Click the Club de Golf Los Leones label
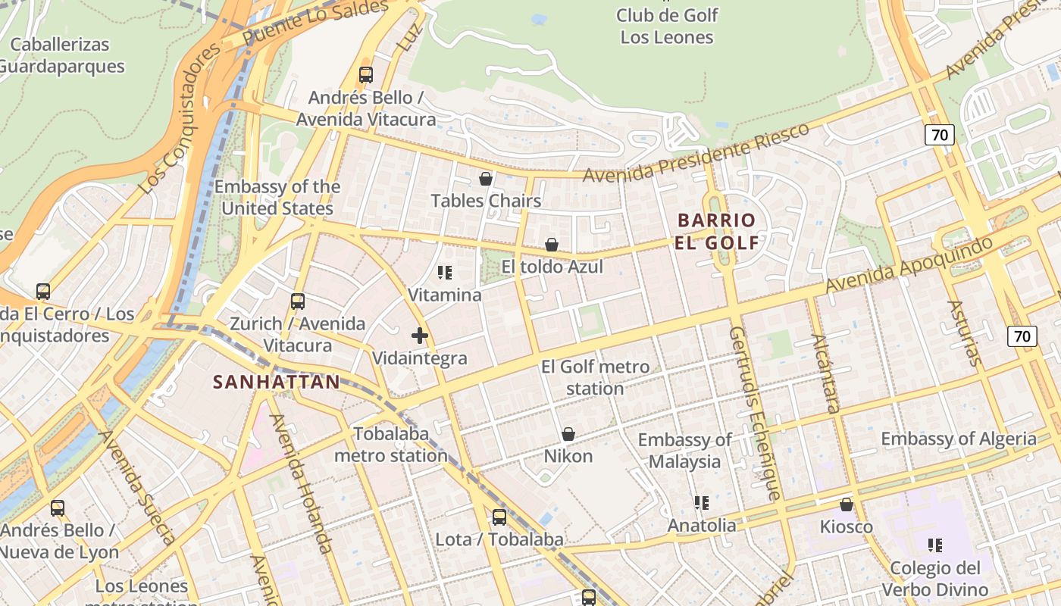pos(667,26)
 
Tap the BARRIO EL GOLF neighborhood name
pos(717,232)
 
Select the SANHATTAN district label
pos(277,382)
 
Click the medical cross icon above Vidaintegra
pos(420,336)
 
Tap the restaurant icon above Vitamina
pos(445,272)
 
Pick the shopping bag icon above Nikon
pos(568,434)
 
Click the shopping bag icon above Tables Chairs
pos(486,179)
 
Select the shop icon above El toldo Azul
pos(552,245)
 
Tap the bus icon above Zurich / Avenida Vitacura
pos(298,301)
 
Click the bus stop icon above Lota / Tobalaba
pos(499,517)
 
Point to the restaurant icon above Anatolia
pos(701,503)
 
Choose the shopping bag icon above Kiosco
pos(847,504)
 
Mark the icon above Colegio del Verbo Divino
pos(935,545)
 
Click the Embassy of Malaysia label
pos(685,451)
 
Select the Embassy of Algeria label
pos(958,439)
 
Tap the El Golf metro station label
pos(595,378)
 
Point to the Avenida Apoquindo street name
pos(909,265)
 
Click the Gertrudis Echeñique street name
pos(754,413)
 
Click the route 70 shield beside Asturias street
pos(1022,336)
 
